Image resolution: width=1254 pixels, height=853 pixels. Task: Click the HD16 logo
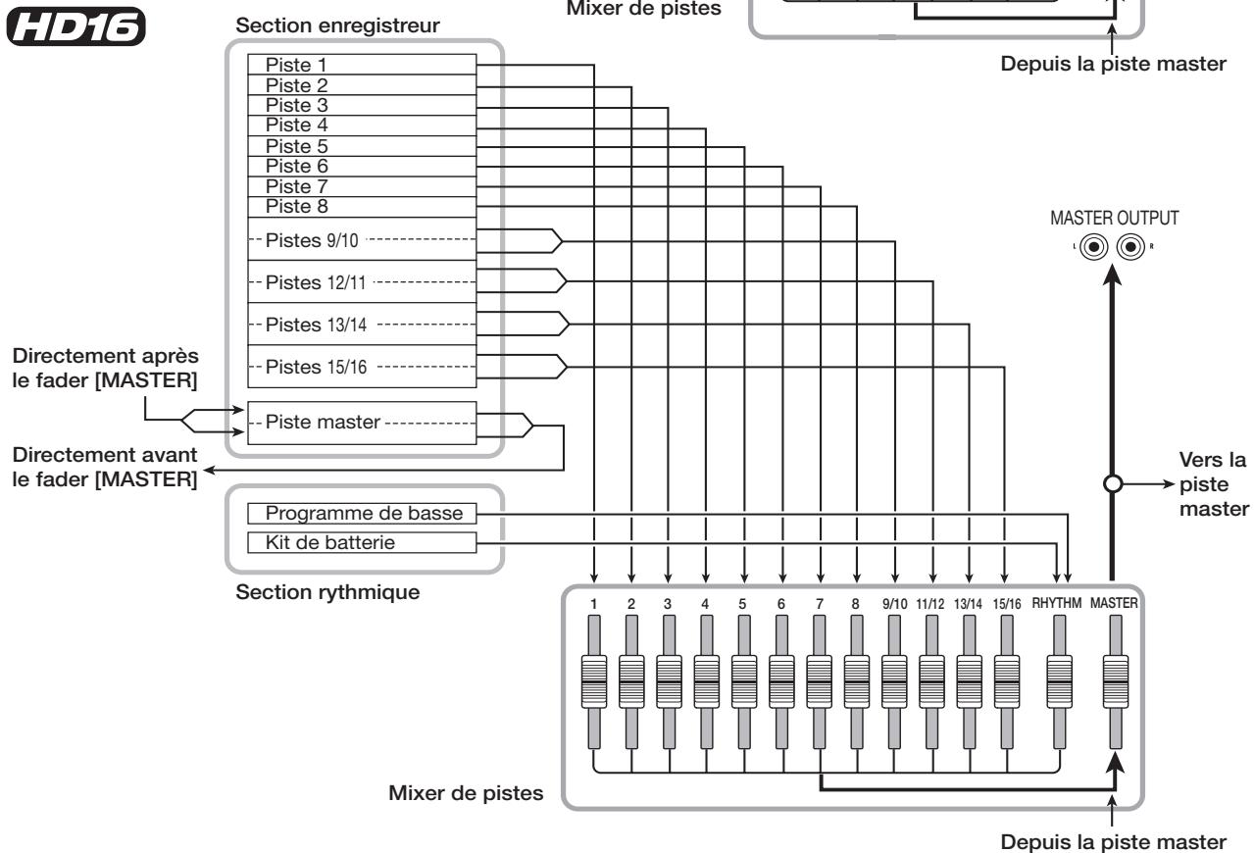coord(76,26)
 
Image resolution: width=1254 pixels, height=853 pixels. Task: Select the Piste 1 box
coord(362,65)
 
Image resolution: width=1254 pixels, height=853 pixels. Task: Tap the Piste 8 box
coord(362,207)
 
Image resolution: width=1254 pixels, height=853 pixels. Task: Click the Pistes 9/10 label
coord(311,240)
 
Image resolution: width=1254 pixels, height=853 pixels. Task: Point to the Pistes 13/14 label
coord(316,325)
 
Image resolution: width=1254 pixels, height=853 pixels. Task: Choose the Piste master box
coord(362,423)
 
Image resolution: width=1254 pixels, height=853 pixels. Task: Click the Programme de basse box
coord(362,513)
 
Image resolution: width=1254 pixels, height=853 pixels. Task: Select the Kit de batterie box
coord(362,542)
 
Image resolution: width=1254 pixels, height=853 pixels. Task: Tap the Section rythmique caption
coord(327,592)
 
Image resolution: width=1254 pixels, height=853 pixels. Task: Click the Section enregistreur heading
coord(337,25)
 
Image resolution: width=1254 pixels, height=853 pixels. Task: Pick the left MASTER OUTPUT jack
coord(1094,247)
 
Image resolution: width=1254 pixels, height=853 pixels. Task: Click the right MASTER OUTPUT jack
coord(1130,247)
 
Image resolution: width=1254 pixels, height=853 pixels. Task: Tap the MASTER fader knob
coord(1115,681)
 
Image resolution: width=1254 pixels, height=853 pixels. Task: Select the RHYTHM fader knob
coord(1059,681)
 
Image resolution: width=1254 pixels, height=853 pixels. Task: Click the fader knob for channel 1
coord(594,681)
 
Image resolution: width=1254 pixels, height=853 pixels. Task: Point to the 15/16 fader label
coord(1007,604)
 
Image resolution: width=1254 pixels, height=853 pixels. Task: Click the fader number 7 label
coord(819,604)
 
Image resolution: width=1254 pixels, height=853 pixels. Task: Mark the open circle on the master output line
coord(1113,483)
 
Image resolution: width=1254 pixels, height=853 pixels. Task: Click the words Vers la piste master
coord(1213,484)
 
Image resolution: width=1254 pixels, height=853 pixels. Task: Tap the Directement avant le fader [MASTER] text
coord(105,467)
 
